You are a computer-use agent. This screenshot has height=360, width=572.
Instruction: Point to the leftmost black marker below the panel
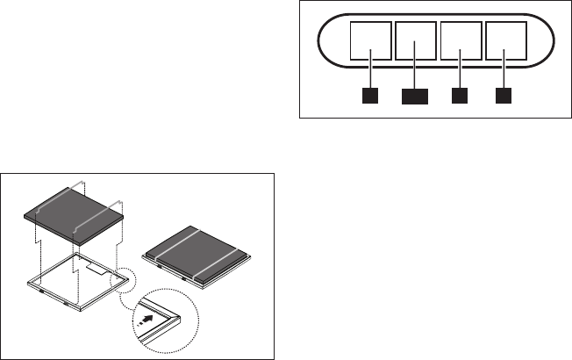371,95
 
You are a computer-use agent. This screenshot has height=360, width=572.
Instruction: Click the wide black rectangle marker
415,96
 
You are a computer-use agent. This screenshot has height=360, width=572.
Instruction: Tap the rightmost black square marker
504,95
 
